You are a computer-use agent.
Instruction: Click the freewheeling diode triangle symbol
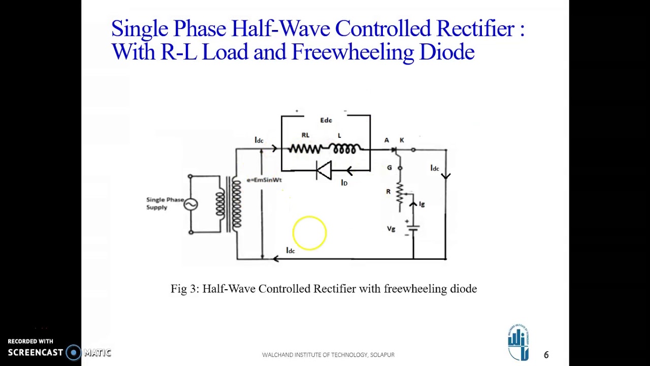pyautogui.click(x=323, y=170)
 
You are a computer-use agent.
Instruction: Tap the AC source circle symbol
pyautogui.click(x=191, y=204)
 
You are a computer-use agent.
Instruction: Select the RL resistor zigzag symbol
pyautogui.click(x=305, y=149)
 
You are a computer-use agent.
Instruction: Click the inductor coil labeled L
pyautogui.click(x=344, y=148)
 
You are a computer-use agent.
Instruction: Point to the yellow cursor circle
pyautogui.click(x=309, y=233)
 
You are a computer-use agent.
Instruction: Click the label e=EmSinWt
pyautogui.click(x=264, y=180)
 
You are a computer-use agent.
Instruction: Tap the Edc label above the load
pyautogui.click(x=326, y=120)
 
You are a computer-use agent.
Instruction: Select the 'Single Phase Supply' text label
pyautogui.click(x=165, y=203)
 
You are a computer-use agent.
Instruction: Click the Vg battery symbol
pyautogui.click(x=413, y=228)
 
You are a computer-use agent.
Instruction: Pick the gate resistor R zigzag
pyautogui.click(x=400, y=194)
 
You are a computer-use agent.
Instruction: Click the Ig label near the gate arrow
pyautogui.click(x=421, y=204)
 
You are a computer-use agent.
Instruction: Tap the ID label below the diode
pyautogui.click(x=344, y=182)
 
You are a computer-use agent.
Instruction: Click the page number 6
pyautogui.click(x=546, y=355)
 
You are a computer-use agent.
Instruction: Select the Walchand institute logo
pyautogui.click(x=518, y=343)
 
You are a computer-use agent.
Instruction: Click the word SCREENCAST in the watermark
pyautogui.click(x=36, y=352)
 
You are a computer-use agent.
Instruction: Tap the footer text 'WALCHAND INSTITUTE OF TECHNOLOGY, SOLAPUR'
pyautogui.click(x=328, y=355)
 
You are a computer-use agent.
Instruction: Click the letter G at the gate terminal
pyautogui.click(x=389, y=168)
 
